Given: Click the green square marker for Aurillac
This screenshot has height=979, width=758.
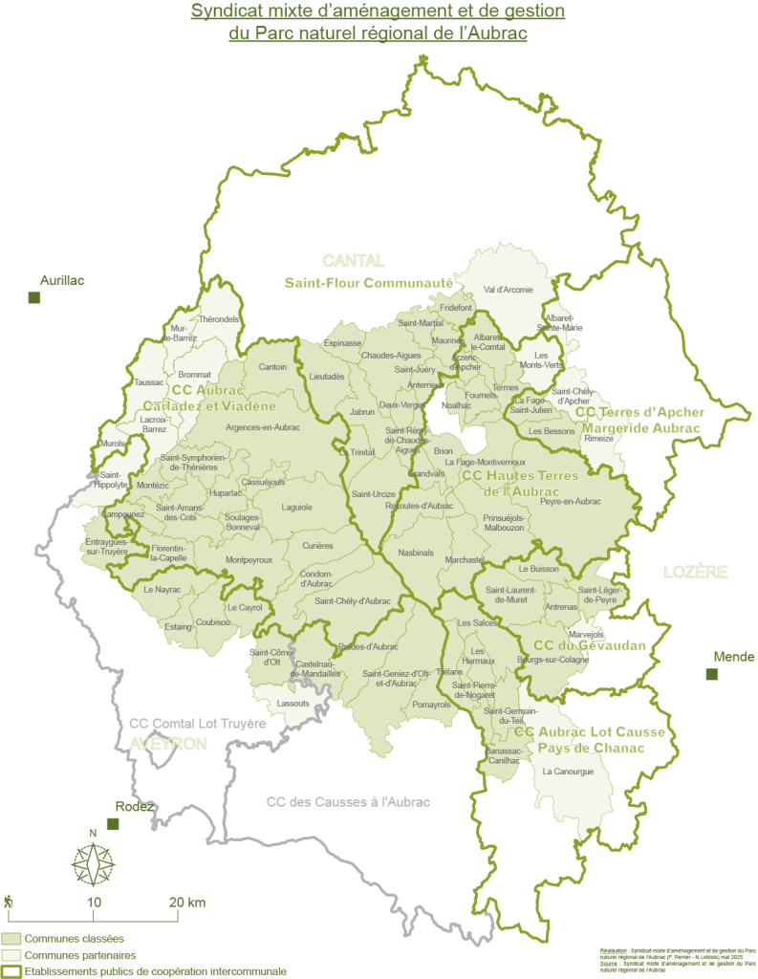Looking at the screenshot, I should click(x=34, y=297).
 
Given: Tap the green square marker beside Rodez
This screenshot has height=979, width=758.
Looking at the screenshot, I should click(x=113, y=823).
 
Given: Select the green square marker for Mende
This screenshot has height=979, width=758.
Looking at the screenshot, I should click(x=711, y=674).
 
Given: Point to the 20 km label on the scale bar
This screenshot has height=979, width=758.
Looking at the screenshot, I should click(x=185, y=902).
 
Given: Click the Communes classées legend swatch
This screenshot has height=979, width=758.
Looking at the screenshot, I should click(x=12, y=939).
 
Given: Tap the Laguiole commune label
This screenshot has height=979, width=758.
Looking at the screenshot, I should click(x=297, y=507).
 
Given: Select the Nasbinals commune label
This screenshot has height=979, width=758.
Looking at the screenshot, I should click(x=416, y=553).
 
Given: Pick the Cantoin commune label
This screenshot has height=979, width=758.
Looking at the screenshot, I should click(x=272, y=366).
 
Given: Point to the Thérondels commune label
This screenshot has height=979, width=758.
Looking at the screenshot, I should click(x=219, y=318).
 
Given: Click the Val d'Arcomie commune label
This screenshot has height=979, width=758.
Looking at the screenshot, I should click(x=508, y=289).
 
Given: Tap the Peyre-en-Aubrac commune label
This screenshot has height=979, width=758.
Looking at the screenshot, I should click(x=571, y=501).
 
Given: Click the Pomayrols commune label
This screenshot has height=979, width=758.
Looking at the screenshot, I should click(x=432, y=705).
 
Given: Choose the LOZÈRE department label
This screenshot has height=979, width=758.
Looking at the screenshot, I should click(x=695, y=572).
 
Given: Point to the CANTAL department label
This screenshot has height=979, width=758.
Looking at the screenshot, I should click(x=353, y=261).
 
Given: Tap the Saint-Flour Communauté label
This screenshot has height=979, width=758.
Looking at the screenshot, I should click(x=368, y=283).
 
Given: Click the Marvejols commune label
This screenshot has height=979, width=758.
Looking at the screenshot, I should click(x=587, y=634).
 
